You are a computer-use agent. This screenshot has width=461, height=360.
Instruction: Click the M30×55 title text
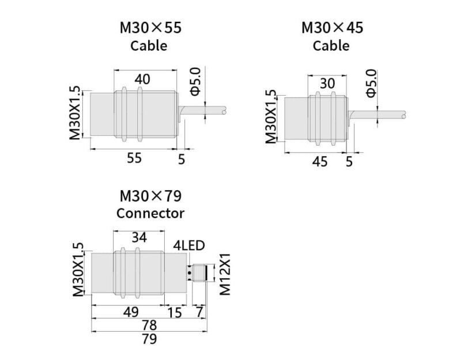[150, 28]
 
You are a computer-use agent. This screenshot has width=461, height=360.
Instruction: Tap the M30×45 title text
[332, 28]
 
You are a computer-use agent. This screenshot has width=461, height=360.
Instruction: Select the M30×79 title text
[150, 196]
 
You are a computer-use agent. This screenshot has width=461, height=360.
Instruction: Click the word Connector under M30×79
[150, 213]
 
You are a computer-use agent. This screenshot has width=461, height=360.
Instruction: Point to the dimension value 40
[142, 79]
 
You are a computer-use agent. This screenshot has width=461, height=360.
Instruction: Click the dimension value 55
[134, 158]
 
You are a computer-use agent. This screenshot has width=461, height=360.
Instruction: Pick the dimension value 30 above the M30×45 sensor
[327, 84]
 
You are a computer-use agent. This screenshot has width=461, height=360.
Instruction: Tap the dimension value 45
[320, 162]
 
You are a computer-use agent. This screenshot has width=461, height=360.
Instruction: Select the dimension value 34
[139, 237]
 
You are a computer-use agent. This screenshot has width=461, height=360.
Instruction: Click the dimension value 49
[131, 312]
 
